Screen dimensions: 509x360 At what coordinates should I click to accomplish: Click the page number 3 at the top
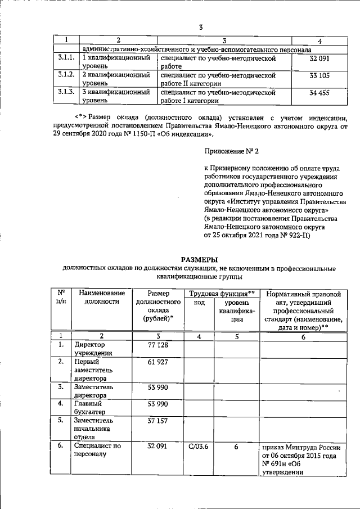point(201,26)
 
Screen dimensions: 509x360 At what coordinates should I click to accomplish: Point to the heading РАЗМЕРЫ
point(200,259)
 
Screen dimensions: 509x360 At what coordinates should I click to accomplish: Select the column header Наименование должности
point(102,298)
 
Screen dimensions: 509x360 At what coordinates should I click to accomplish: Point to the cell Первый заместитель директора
point(94,371)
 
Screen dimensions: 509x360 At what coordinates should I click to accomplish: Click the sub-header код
point(199,303)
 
